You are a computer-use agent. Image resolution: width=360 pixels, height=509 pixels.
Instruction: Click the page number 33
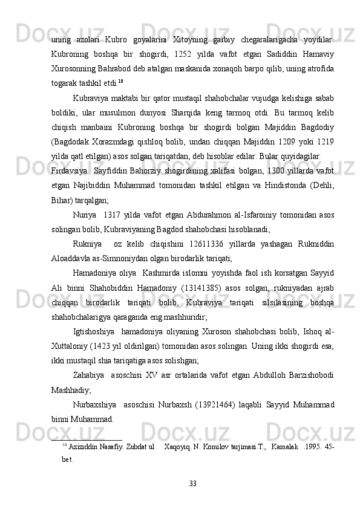pos(192,483)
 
